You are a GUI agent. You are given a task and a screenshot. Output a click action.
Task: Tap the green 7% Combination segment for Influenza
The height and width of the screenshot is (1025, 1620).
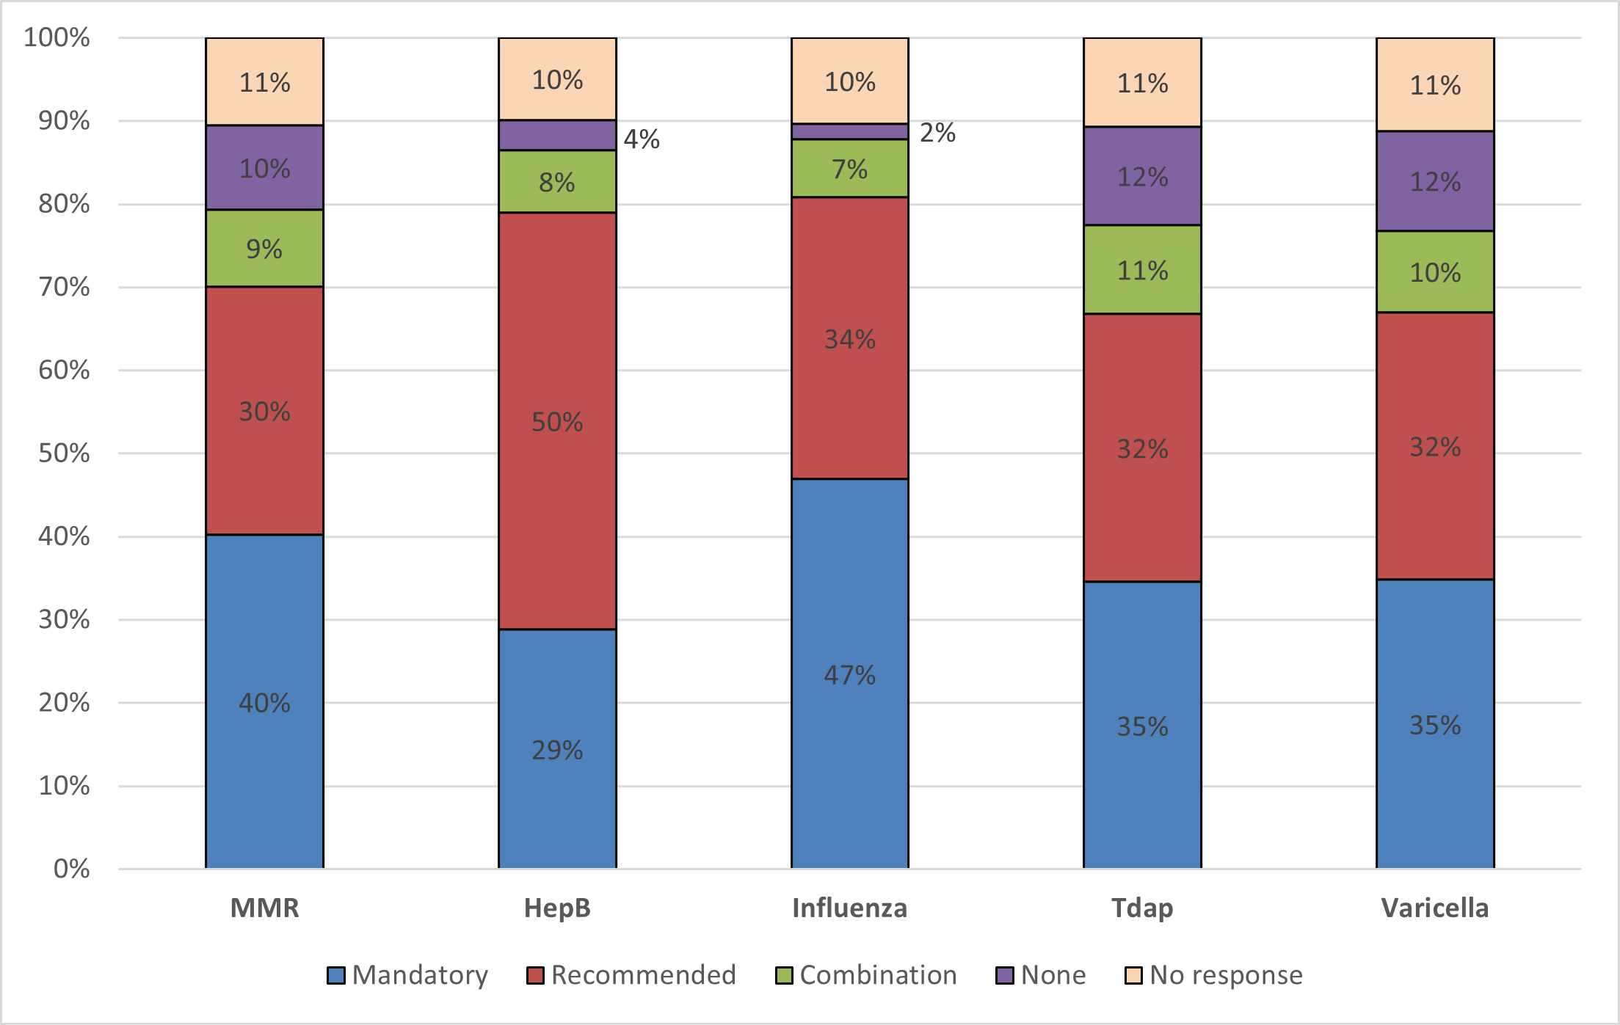849,169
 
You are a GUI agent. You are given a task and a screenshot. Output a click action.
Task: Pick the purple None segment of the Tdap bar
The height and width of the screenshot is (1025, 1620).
1142,176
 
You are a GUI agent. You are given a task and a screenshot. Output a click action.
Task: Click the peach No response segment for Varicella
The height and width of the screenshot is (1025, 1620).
1435,84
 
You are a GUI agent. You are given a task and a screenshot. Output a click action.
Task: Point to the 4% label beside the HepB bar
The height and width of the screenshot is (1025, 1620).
642,139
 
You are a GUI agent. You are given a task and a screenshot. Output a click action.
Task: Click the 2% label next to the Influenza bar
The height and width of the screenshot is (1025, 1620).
937,133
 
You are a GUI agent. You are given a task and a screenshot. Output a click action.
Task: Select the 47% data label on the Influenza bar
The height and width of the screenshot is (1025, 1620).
849,675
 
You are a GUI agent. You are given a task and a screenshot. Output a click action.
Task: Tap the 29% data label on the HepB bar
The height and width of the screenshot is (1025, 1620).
557,750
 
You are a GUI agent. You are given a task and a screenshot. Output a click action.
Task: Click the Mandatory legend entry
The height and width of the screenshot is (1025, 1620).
408,975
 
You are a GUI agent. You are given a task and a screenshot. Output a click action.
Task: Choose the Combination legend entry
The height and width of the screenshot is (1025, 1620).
867,975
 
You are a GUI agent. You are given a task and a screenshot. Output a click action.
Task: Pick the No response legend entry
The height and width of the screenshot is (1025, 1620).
1214,975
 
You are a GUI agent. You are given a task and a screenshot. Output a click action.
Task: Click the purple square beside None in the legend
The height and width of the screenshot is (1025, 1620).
1004,975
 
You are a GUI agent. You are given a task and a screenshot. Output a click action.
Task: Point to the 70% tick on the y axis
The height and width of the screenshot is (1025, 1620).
64,287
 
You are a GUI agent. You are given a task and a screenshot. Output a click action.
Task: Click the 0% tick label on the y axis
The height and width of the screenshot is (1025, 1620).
71,869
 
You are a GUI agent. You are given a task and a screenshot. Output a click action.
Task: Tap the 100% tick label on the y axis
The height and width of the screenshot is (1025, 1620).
57,37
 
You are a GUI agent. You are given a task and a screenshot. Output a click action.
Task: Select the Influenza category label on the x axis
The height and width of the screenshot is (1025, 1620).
849,908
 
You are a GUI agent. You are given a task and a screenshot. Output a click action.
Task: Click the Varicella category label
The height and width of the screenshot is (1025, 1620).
1435,908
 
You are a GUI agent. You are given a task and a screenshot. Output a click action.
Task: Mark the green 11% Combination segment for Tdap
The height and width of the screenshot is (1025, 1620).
1142,270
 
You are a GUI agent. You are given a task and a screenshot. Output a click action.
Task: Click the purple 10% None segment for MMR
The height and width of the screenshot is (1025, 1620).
264,168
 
